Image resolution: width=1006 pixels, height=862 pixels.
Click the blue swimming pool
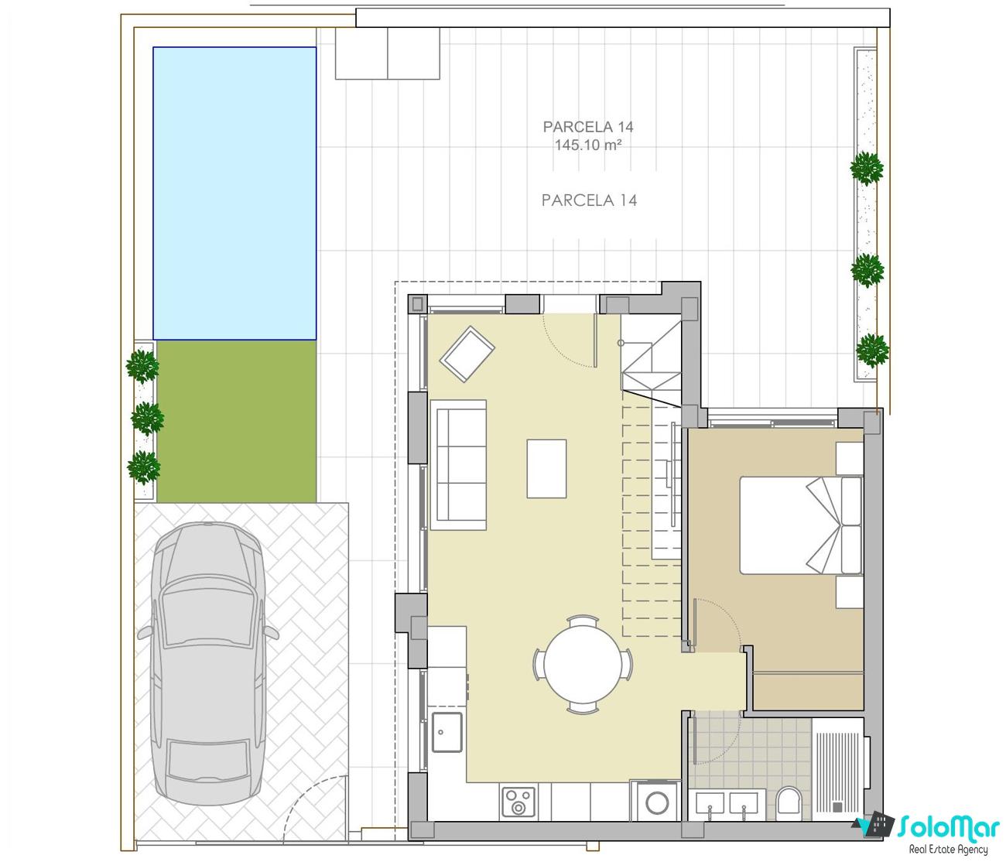point(234,193)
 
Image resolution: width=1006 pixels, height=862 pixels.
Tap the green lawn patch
point(237,421)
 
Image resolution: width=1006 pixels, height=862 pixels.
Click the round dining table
point(583,665)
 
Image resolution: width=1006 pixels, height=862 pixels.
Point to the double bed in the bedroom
point(801,525)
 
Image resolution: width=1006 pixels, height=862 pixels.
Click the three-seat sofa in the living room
point(458,465)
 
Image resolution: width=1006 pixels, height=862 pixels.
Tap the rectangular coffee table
point(546,469)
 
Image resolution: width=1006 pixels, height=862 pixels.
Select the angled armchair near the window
point(467,354)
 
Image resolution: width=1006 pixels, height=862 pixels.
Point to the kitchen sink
point(447,732)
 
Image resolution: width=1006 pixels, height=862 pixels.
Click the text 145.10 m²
point(588,145)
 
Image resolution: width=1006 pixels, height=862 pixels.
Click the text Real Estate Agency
point(949,850)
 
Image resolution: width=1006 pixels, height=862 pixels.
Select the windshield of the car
point(208,617)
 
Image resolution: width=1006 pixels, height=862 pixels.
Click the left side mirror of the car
point(145,633)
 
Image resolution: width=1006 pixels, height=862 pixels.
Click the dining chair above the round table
point(583,621)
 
